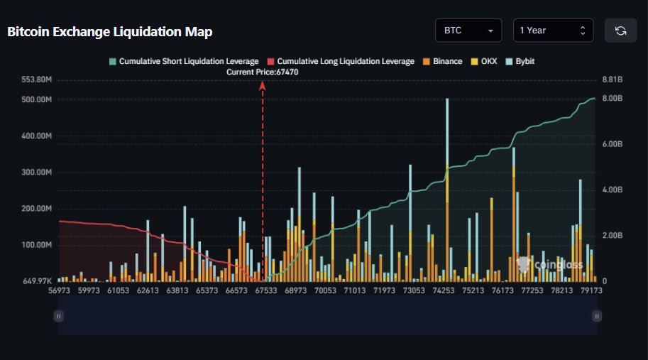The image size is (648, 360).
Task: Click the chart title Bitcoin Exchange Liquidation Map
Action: (x=109, y=32)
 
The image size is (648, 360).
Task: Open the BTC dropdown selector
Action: (x=468, y=31)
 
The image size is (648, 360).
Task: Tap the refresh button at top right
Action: (x=620, y=31)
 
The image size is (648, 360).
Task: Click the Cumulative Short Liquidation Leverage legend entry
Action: (x=183, y=62)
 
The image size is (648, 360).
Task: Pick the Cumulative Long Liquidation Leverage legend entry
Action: (x=341, y=62)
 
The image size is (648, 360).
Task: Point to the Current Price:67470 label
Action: (x=262, y=72)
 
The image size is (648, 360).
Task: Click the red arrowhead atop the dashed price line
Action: (x=263, y=85)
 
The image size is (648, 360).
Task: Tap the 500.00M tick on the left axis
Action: (x=37, y=100)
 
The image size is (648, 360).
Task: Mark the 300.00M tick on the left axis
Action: (x=37, y=173)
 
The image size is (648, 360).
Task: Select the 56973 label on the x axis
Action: (x=60, y=290)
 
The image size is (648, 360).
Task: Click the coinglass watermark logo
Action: (x=550, y=265)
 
